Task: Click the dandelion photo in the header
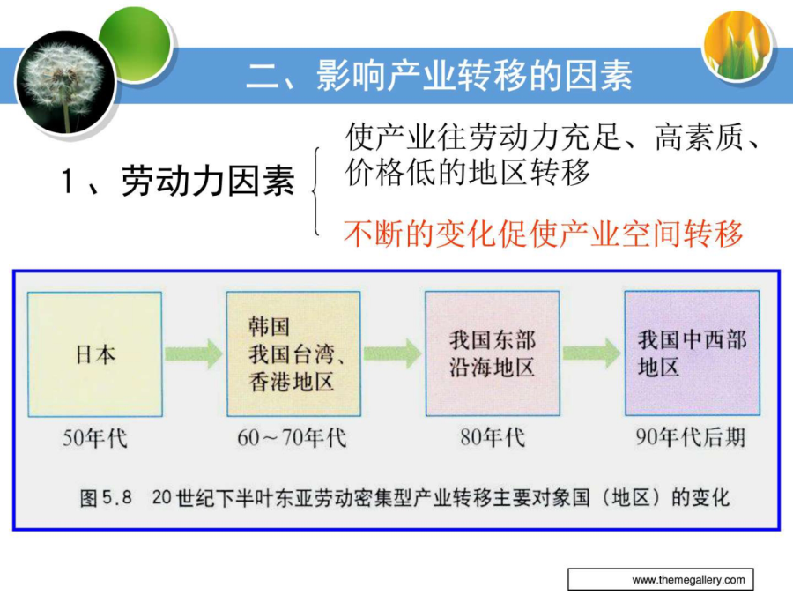66,82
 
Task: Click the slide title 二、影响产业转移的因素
439,76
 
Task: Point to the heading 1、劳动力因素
177,181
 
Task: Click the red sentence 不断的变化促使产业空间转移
544,234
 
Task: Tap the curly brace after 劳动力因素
316,191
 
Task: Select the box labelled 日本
95,354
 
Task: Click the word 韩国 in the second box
269,326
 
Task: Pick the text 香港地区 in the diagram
291,382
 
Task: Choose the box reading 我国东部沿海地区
493,353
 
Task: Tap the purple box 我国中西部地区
693,353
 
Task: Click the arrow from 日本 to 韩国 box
194,353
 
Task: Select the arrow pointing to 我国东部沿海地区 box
392,353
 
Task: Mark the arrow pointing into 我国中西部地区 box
592,353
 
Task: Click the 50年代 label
95,438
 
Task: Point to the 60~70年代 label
293,437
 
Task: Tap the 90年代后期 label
691,437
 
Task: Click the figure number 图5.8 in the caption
106,498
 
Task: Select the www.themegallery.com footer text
688,580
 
